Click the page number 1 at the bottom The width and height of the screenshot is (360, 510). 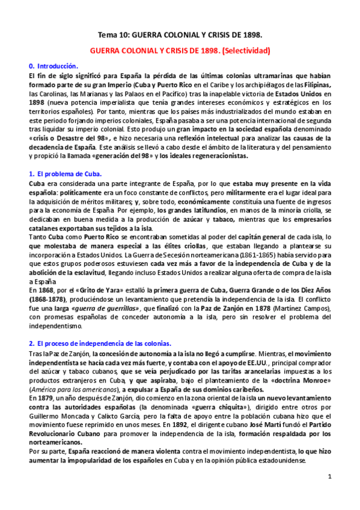[330, 476]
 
